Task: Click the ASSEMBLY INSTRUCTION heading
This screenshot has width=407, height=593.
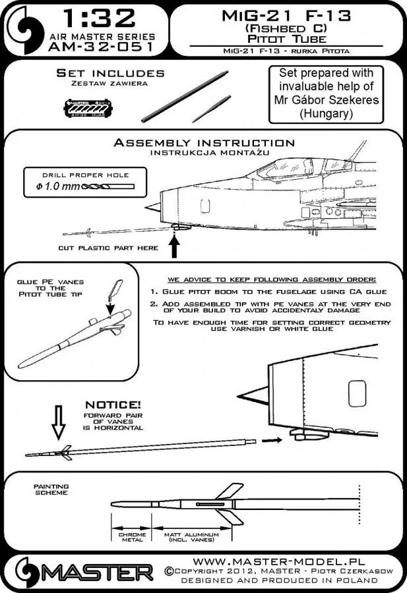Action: pyautogui.click(x=204, y=142)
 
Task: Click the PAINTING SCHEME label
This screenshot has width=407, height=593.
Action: pyautogui.click(x=51, y=490)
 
